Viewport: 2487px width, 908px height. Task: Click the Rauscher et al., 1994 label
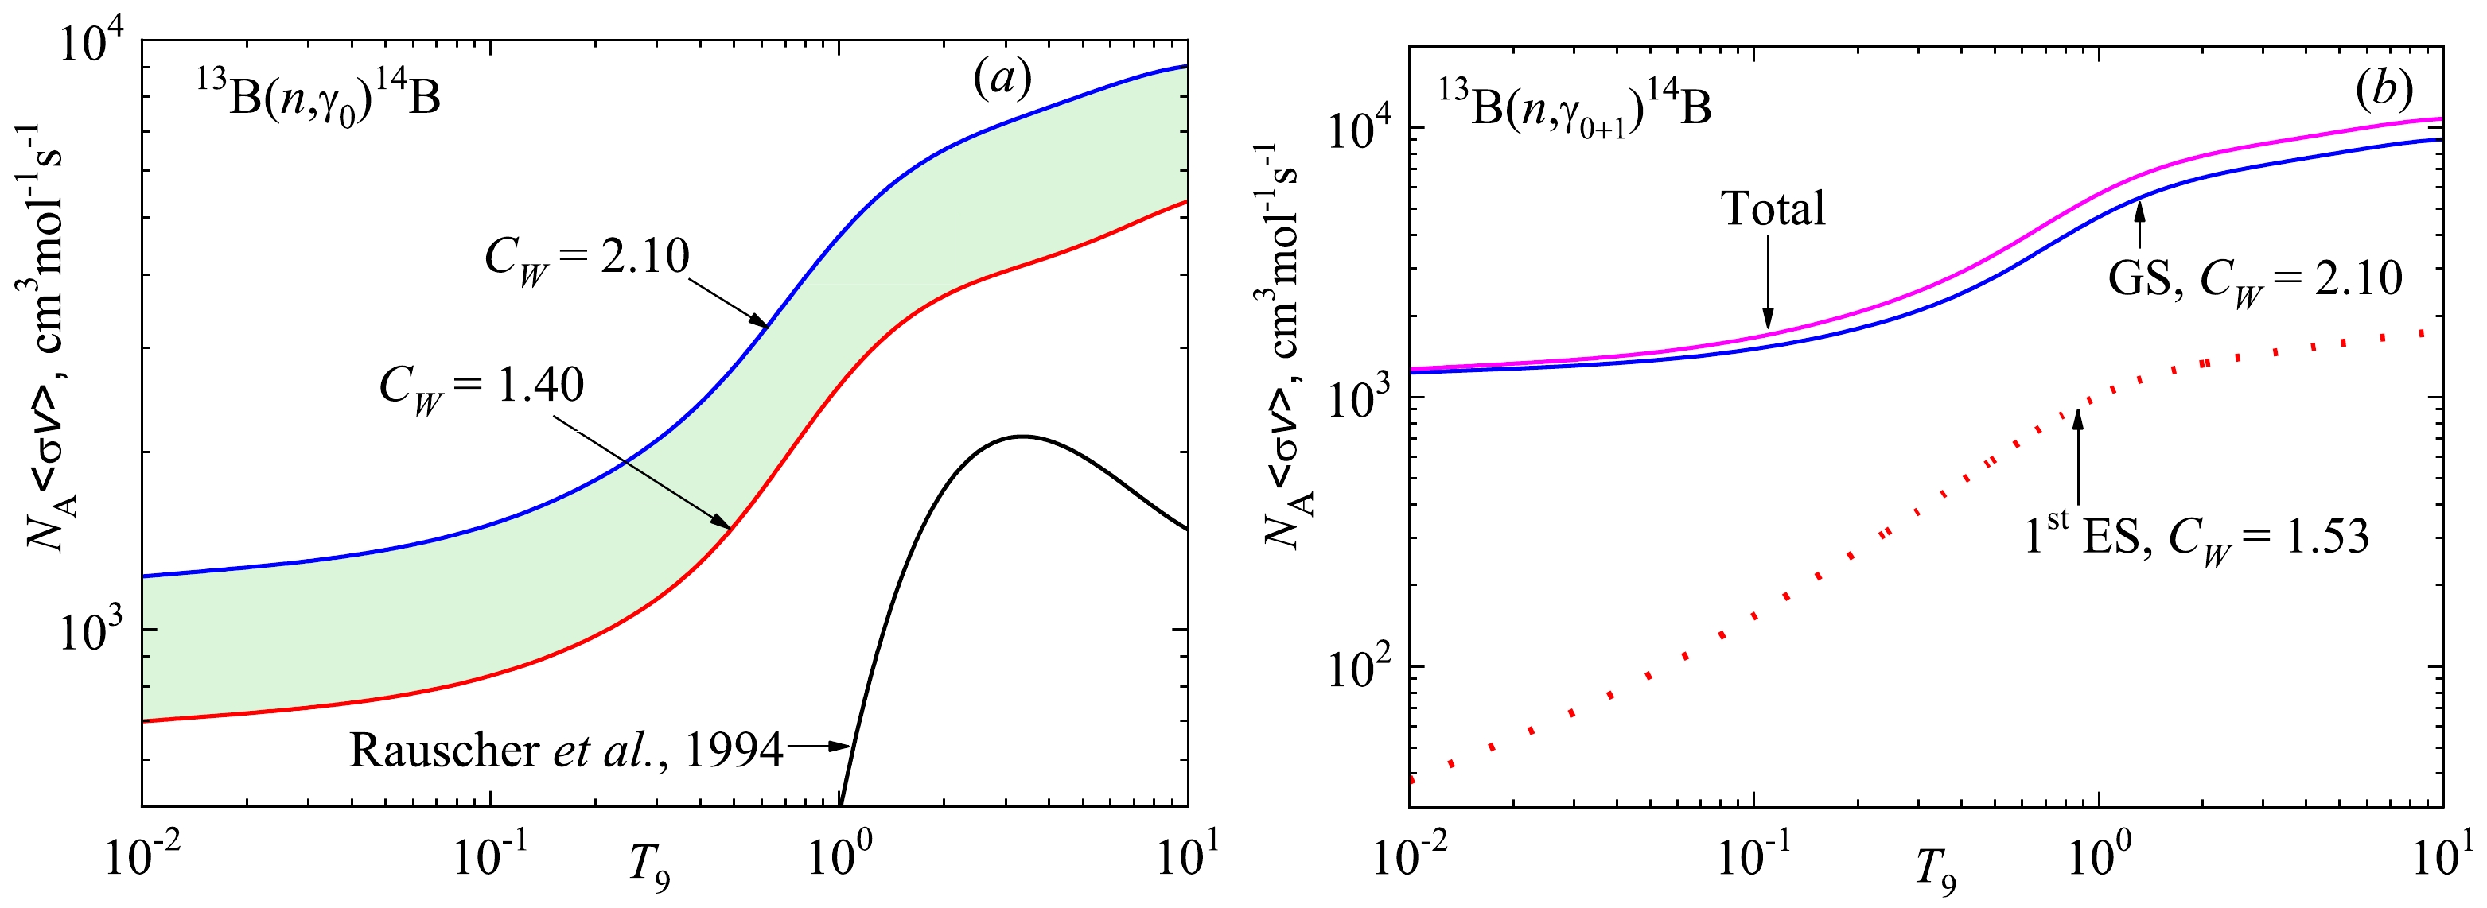(566, 751)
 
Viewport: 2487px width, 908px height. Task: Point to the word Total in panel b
(1773, 209)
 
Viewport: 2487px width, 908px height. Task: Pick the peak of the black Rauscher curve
(1022, 437)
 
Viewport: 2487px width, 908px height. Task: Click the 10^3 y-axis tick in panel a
(94, 632)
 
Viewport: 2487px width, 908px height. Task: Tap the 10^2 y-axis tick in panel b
(1361, 669)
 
